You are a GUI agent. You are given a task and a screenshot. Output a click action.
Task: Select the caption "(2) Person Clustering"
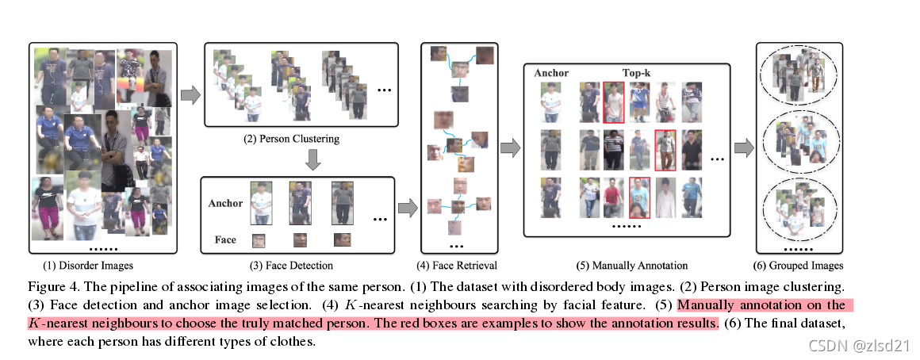tap(291, 139)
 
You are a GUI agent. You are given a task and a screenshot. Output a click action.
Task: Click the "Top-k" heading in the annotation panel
tap(636, 73)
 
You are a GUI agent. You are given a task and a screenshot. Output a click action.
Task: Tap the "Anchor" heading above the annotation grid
tap(551, 73)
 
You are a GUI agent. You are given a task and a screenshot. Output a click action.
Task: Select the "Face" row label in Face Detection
tap(225, 239)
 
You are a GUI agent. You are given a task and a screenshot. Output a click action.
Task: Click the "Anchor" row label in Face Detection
tap(225, 203)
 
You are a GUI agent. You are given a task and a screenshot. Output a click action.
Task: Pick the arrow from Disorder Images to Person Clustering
tap(190, 95)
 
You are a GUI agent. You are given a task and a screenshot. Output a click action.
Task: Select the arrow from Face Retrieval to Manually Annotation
tap(511, 147)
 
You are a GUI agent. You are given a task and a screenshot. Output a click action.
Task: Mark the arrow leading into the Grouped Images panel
tap(742, 147)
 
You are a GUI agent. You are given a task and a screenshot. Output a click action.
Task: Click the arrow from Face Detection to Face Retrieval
tap(406, 208)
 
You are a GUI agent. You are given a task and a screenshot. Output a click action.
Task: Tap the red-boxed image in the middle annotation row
tap(665, 150)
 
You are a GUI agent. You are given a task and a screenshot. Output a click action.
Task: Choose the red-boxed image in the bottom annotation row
tap(639, 197)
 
